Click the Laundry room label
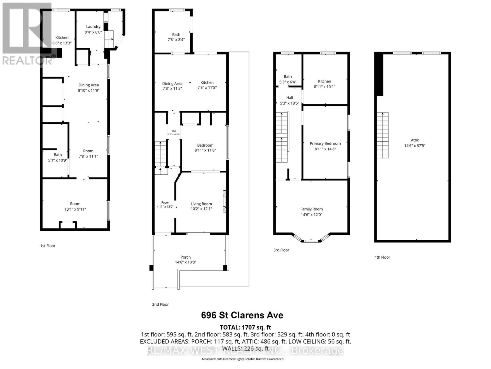93,27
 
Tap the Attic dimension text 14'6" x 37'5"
415,146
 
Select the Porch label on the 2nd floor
185,257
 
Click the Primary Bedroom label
325,144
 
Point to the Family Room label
311,209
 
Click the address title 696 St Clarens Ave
242,315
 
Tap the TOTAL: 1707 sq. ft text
245,327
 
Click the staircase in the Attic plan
383,135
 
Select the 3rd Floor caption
281,250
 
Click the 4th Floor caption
382,257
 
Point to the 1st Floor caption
48,246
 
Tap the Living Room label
201,204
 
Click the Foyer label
165,203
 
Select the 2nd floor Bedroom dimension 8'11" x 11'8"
205,150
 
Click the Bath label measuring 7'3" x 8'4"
176,35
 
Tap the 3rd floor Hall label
289,98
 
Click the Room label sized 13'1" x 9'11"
75,204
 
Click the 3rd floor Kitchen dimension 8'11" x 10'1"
324,87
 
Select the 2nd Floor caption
160,304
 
